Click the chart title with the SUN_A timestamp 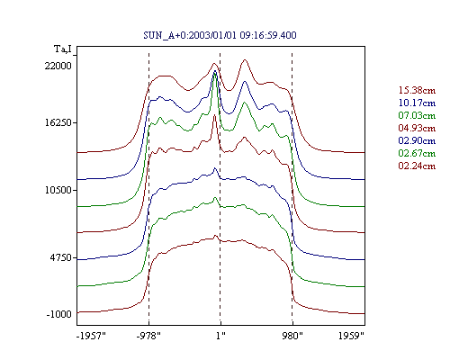220,35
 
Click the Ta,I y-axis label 63,49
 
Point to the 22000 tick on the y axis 58,66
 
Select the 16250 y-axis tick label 58,122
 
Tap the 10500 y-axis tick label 58,190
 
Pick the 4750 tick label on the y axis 61,257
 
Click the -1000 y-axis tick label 59,314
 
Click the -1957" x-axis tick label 91,336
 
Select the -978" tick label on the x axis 148,336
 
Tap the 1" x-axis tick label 220,336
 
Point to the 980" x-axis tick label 292,336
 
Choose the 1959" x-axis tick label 351,336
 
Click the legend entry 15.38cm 417,90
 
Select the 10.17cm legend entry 417,103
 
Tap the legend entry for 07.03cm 417,115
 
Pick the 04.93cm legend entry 417,128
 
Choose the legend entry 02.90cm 417,140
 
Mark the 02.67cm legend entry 417,153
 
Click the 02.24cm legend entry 417,166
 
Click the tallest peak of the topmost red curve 245,60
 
